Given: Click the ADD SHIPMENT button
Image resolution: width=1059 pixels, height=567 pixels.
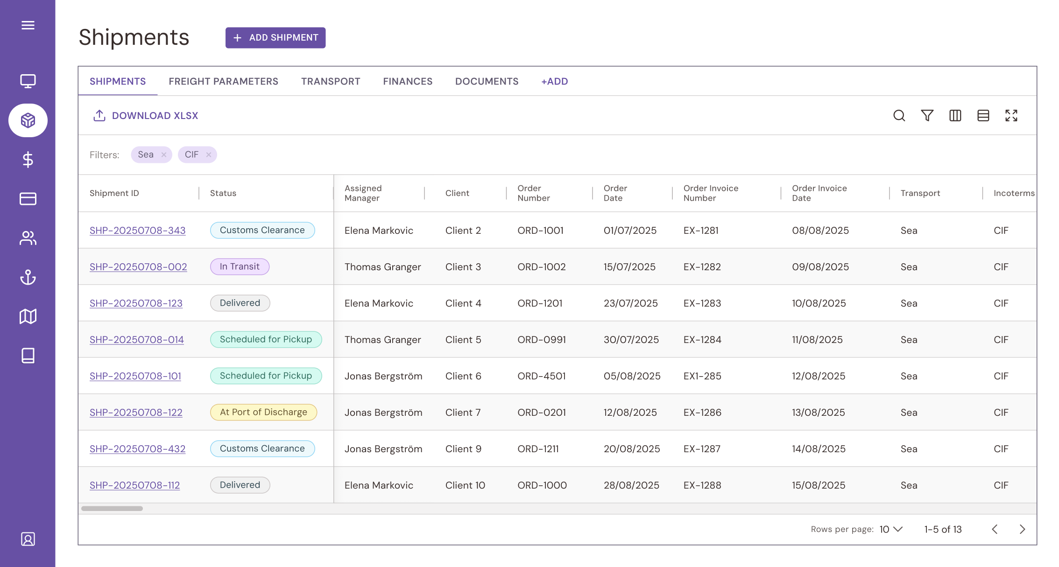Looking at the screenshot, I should tap(275, 38).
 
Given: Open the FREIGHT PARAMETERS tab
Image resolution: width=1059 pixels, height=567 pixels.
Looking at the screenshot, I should tap(223, 82).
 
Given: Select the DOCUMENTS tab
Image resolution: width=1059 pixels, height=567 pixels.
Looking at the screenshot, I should tap(487, 82).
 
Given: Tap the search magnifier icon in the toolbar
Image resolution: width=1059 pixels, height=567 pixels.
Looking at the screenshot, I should tap(899, 116).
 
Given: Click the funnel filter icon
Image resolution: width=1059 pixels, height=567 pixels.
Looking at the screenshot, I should tap(927, 116).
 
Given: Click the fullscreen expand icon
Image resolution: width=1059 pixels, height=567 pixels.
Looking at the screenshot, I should tap(1011, 116).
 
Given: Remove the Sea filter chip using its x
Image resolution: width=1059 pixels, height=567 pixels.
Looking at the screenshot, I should tap(164, 155).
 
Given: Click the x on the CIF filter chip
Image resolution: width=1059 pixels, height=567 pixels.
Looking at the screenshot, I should tap(209, 155).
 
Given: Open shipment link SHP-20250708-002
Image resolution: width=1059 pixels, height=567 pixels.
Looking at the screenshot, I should tap(138, 267).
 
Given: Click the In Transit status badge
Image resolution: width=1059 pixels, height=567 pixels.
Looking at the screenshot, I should tap(240, 267).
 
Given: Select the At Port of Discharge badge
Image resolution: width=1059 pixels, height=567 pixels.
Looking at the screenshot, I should tap(263, 413).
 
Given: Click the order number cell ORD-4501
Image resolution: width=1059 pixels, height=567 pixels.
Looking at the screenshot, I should tap(541, 376).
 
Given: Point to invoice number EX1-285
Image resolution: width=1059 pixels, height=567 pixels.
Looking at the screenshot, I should tap(702, 376).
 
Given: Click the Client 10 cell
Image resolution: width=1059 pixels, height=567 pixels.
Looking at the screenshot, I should tap(465, 485).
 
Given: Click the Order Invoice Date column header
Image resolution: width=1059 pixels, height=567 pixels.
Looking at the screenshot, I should tap(819, 193).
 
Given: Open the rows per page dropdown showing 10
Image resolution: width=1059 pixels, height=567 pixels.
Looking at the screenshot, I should tap(891, 529).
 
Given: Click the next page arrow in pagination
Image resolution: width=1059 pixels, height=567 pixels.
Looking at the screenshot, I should tap(1022, 529).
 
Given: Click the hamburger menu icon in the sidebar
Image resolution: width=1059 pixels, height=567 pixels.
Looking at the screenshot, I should tap(28, 25).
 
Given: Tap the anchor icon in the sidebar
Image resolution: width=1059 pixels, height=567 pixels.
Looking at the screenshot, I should tap(28, 278).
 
